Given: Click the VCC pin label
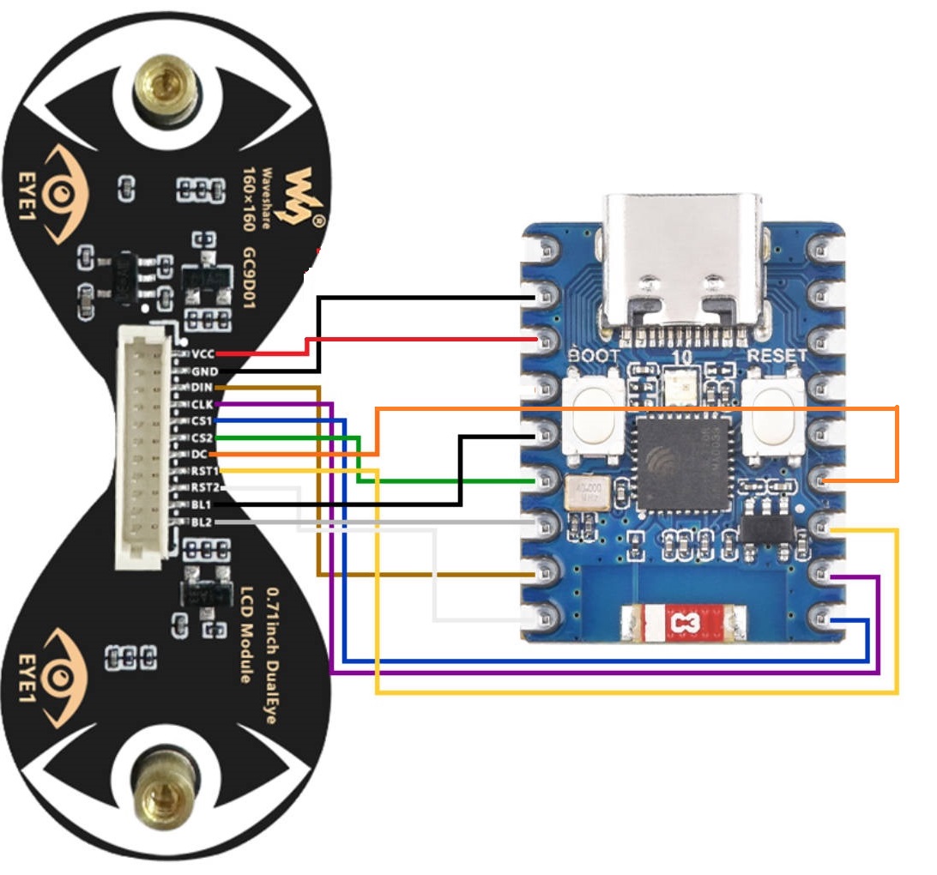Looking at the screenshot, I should click(x=203, y=353).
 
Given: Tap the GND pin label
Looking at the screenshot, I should click(x=203, y=371).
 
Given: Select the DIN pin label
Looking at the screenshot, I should click(x=203, y=388).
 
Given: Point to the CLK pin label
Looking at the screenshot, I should click(x=203, y=404).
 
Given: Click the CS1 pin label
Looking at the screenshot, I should click(x=203, y=421).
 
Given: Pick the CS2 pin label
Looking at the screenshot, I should click(x=203, y=437).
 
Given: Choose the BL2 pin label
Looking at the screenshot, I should click(x=202, y=522).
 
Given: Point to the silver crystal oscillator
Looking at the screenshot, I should click(x=589, y=494).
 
